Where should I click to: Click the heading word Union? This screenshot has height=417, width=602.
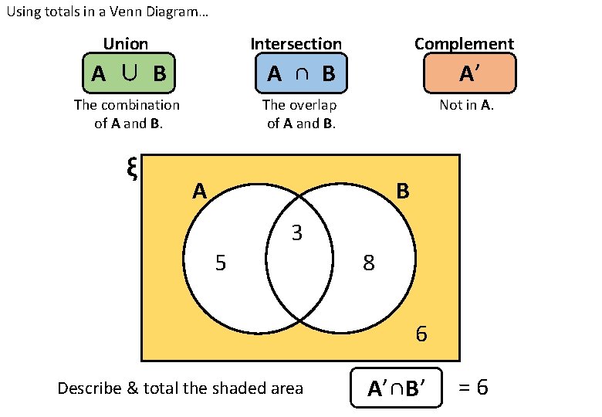(126, 44)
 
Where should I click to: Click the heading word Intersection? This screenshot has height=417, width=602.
(296, 44)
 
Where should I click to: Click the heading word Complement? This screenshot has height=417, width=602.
(464, 44)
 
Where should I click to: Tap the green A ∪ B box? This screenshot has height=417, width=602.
(129, 74)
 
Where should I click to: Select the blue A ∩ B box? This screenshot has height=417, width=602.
(301, 74)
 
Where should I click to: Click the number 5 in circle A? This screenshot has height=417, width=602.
(221, 264)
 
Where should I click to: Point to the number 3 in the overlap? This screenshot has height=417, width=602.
(296, 232)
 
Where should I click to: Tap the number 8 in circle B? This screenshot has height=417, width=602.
(369, 264)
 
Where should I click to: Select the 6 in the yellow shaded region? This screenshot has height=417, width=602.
(421, 334)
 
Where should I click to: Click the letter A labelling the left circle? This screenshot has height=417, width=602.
(200, 191)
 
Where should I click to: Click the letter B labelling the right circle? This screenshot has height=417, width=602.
(403, 191)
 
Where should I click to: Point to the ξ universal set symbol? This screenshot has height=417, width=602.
(131, 168)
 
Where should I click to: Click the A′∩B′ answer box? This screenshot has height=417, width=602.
(397, 388)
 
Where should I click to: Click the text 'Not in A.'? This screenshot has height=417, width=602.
(466, 105)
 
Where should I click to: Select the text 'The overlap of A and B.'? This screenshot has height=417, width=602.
(300, 114)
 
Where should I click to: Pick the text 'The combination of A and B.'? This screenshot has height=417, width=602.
(127, 114)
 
